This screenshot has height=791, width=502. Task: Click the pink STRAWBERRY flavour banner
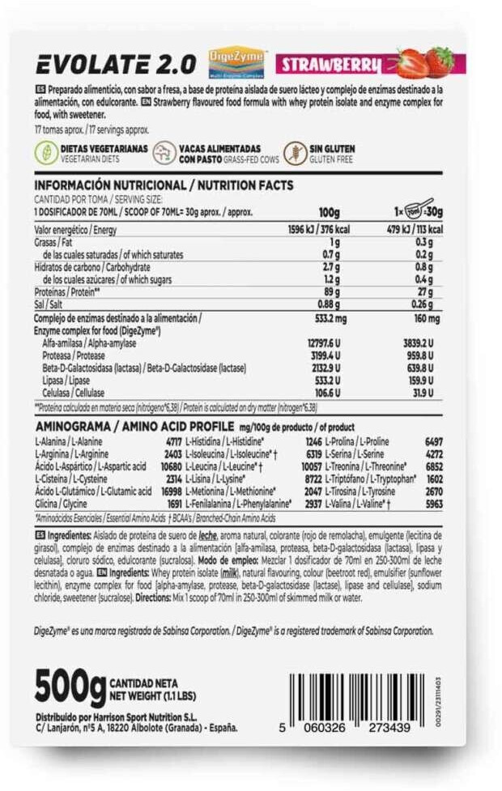click(331, 63)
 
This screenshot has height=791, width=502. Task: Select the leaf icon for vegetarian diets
click(45, 153)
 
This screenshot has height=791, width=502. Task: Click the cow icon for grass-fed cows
click(165, 153)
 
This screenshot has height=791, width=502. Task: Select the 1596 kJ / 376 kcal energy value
click(314, 230)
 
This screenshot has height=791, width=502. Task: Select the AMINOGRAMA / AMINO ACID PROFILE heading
click(134, 427)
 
